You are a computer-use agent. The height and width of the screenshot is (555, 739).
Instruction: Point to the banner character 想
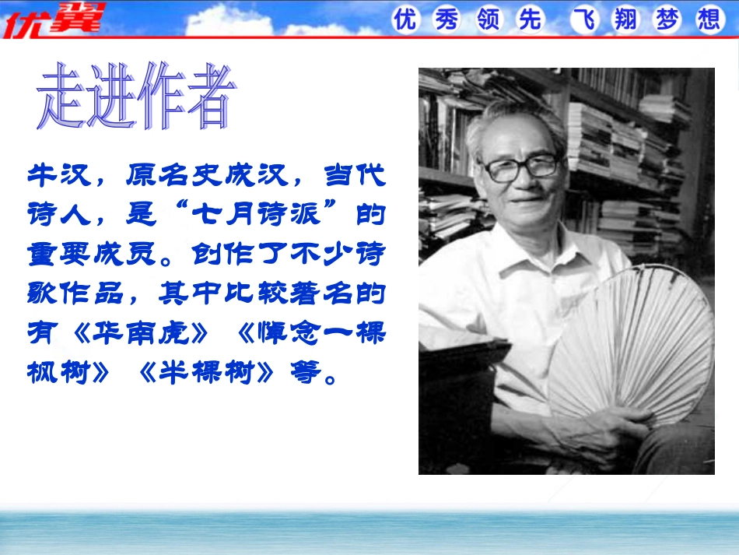pos(709,19)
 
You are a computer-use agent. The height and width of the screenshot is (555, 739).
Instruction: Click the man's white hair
pos(513,125)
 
